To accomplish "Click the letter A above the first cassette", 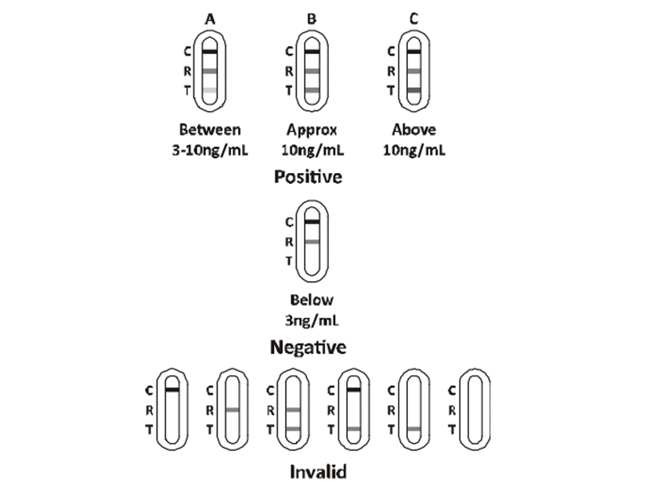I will tap(209, 19).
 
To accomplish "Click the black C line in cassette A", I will tap(209, 52).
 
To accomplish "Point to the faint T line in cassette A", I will tap(209, 90).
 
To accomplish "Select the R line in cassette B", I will tap(312, 71).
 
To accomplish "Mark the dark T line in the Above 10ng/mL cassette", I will tap(414, 90).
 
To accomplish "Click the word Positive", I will tap(308, 177).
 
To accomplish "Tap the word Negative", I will tap(308, 346).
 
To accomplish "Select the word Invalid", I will tap(318, 472).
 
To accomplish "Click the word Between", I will tap(210, 130).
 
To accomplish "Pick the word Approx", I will tap(312, 130).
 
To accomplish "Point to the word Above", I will tap(413, 130).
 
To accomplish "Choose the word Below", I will tap(312, 300).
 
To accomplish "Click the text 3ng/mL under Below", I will tap(312, 319).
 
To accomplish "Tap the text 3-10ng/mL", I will tap(210, 150).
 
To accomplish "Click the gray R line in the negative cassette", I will tap(312, 242).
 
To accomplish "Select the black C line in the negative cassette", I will tap(312, 222).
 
